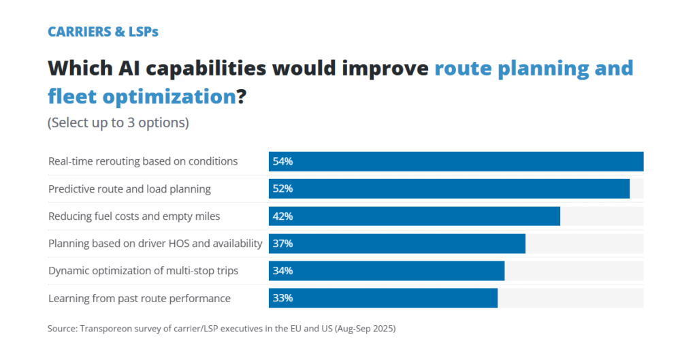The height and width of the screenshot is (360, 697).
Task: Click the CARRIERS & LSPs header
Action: click(103, 31)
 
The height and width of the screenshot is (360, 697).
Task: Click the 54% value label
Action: click(282, 162)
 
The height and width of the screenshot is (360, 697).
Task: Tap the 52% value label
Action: click(282, 189)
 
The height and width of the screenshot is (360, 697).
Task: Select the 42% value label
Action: click(282, 216)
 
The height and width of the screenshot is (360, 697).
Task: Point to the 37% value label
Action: click(282, 244)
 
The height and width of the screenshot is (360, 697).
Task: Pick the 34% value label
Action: click(282, 271)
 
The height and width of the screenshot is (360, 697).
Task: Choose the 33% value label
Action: click(282, 298)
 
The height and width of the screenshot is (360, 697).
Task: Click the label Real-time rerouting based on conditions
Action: click(143, 162)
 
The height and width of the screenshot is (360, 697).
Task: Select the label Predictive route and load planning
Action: click(129, 189)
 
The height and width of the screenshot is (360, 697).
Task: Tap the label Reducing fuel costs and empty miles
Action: click(134, 216)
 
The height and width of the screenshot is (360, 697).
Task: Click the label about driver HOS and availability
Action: click(155, 244)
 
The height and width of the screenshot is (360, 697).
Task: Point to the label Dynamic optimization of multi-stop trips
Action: click(143, 271)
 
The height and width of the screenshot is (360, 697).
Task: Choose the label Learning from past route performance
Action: click(140, 298)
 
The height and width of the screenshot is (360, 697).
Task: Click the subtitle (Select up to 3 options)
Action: click(118, 123)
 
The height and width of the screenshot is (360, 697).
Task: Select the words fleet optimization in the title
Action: click(142, 97)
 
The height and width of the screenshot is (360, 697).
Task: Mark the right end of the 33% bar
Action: click(497, 298)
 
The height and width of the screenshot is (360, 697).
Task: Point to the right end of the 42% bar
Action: click(560, 216)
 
